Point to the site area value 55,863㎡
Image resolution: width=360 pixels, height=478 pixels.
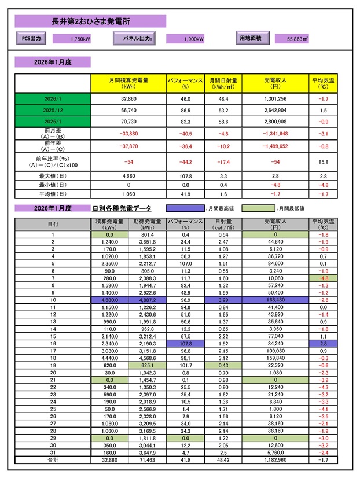pos(297,39)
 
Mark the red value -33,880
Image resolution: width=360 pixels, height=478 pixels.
pos(128,133)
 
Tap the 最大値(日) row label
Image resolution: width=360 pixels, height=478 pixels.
pos(53,175)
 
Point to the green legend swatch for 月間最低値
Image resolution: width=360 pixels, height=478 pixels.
pos(258,208)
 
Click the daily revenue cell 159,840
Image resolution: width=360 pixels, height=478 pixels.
pos(275,358)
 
